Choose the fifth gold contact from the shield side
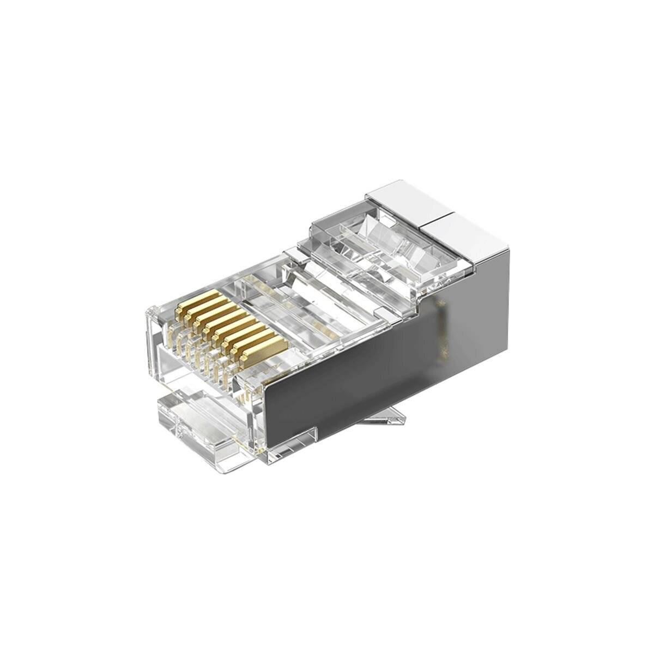(225, 322)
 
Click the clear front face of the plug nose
(163, 349)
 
